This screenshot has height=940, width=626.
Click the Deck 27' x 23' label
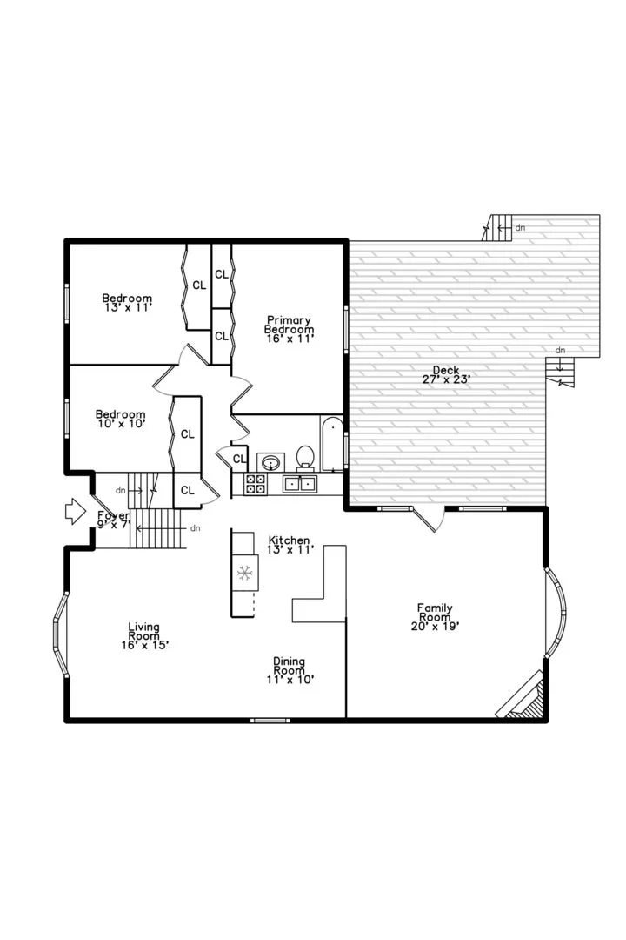point(446,374)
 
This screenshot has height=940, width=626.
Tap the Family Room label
point(435,617)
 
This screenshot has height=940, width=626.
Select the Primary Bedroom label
point(290,329)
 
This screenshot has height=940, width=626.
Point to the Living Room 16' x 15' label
point(144,636)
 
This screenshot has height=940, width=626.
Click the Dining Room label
point(290,670)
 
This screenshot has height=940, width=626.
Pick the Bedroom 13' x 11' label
point(127,302)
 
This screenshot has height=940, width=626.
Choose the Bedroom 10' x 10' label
point(121,419)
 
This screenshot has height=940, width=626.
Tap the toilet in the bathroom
point(305,459)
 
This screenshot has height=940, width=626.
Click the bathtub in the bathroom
point(332,444)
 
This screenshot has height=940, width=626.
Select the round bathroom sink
point(270,463)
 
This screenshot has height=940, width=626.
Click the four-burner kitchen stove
point(256,484)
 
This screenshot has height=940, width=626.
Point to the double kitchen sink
point(299,483)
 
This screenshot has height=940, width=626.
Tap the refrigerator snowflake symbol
point(244,573)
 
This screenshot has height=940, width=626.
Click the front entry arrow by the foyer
point(76,512)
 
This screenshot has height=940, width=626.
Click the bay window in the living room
point(61,634)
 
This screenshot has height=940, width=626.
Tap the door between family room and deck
point(429,520)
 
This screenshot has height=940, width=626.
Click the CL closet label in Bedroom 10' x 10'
point(188,434)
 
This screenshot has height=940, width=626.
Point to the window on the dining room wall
point(270,720)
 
